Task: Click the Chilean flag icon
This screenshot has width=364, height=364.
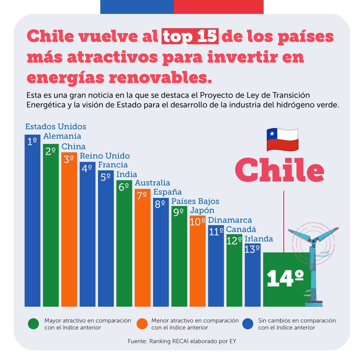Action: tap(282, 140)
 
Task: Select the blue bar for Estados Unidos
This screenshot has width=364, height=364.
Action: tap(32, 224)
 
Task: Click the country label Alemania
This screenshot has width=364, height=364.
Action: tap(62, 136)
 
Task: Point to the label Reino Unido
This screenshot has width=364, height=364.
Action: tap(105, 156)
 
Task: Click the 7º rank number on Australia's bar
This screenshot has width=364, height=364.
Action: tap(142, 196)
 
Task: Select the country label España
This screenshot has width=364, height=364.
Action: tap(167, 192)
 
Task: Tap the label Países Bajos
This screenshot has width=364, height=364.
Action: tap(195, 201)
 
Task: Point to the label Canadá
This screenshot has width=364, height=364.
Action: tap(241, 229)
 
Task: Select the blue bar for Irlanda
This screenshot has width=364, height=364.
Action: tap(253, 276)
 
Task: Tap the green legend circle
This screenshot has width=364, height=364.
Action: tap(33, 324)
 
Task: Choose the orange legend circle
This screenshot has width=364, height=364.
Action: tap(142, 324)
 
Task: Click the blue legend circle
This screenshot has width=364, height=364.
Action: tap(248, 324)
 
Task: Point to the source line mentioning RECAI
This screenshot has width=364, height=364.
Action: tap(182, 341)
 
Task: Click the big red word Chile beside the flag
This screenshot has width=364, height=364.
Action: tap(280, 170)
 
